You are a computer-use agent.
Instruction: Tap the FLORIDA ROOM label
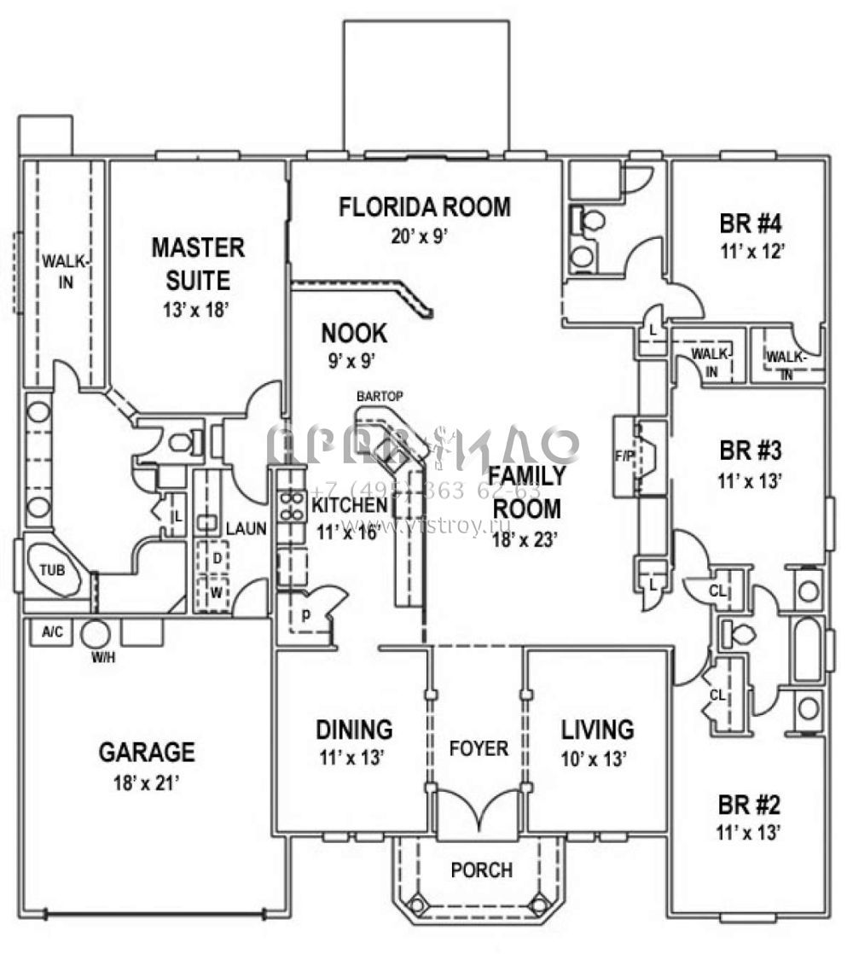425,207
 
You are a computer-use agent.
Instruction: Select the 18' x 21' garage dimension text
148,782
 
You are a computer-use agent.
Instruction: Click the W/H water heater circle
95,635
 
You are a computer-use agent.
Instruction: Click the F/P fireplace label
625,457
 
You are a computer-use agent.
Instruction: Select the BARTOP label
380,396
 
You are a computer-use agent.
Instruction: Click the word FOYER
479,748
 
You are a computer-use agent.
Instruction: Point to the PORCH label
482,870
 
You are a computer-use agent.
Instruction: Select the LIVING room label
597,730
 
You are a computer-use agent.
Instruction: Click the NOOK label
354,333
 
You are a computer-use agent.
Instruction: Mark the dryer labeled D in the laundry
217,559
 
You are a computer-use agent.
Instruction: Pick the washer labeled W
216,591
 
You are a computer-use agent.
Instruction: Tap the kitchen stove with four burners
293,507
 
